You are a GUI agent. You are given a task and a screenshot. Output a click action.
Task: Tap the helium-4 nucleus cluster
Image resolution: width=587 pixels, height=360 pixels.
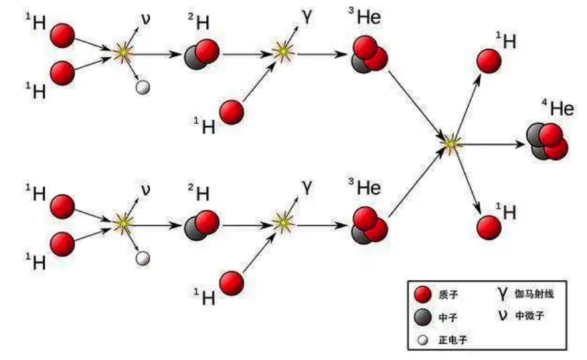pyautogui.click(x=547, y=141)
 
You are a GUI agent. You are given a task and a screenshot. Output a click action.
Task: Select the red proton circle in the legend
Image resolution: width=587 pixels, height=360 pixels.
pyautogui.click(x=422, y=294)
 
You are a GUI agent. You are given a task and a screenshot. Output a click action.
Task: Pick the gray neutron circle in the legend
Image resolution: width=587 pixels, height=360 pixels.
pyautogui.click(x=422, y=318)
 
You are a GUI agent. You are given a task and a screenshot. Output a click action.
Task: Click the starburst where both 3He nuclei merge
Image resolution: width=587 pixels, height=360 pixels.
pyautogui.click(x=450, y=142)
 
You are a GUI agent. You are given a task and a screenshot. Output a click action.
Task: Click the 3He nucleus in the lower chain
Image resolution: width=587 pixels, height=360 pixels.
pyautogui.click(x=369, y=225)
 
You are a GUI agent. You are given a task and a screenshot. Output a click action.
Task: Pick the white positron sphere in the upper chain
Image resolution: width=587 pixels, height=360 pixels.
pyautogui.click(x=142, y=87)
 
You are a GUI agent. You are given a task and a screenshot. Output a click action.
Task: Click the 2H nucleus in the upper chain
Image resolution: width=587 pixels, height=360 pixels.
pyautogui.click(x=201, y=53)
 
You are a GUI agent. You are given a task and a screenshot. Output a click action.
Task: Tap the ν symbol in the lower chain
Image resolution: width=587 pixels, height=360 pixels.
pyautogui.click(x=146, y=190)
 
